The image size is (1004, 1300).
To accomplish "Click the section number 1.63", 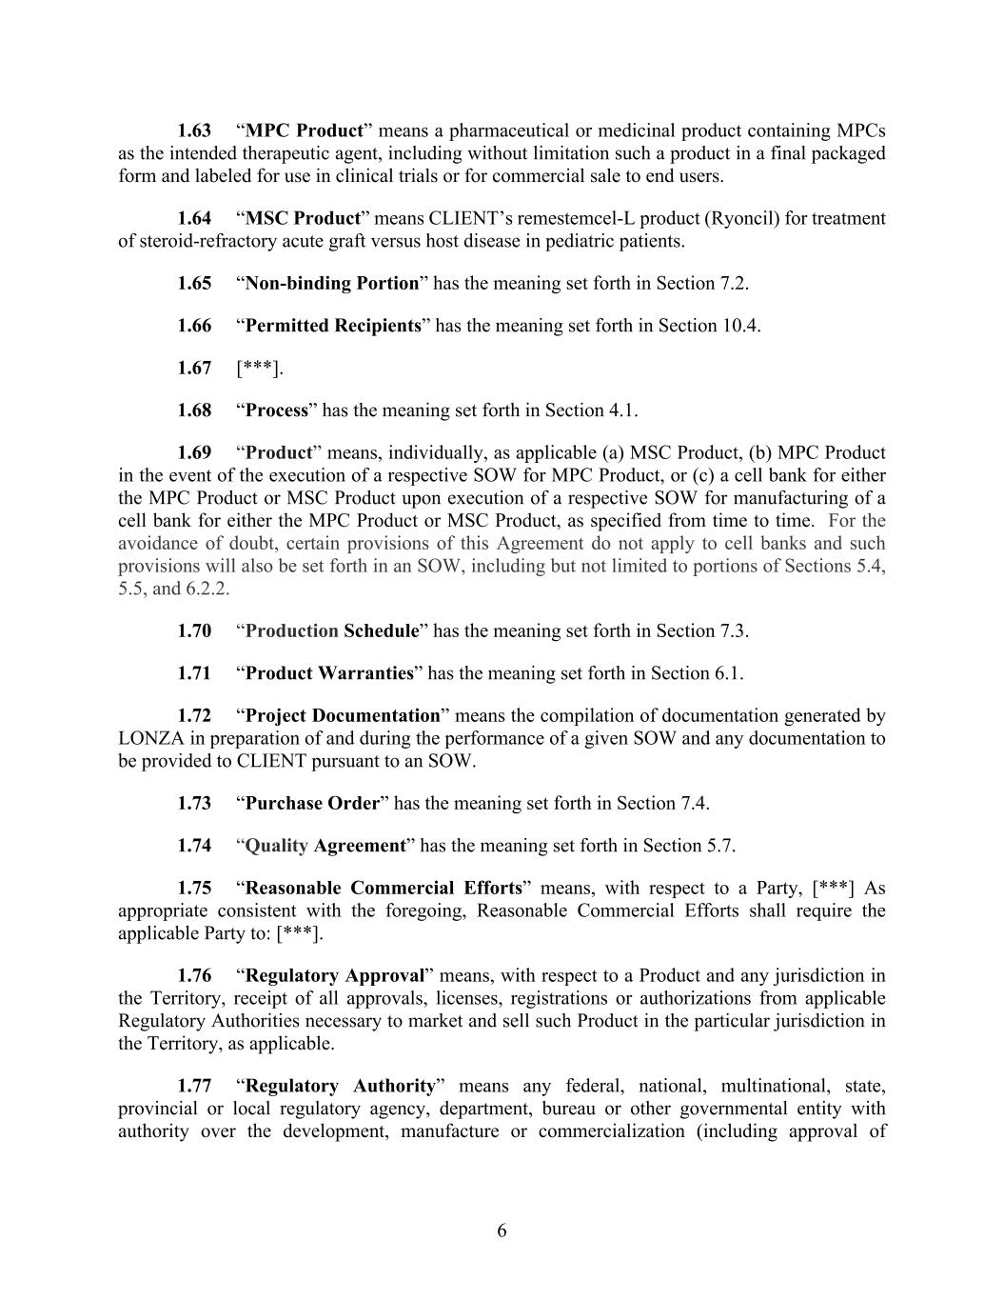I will coord(194,130).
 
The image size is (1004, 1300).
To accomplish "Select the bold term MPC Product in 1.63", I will coord(305,130).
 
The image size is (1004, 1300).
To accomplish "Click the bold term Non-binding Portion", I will coord(332,283).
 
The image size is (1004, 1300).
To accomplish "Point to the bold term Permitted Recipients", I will coord(333,326).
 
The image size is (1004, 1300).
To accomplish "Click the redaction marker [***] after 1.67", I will coord(260,369).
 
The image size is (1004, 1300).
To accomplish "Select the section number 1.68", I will coord(194,410).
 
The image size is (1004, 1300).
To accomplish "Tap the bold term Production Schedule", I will coord(332,631).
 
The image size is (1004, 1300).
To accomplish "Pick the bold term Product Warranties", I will coord(329,673).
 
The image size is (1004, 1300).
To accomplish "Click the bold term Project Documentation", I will coord(343,715).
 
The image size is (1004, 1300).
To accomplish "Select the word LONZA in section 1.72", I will coord(145,738).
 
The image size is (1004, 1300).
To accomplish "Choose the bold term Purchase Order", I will coord(312,803).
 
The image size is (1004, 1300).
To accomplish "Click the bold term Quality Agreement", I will coord(325,846).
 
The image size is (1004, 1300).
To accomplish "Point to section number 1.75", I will coord(194,889).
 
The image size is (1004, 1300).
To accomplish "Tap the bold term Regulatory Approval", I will coord(335,975).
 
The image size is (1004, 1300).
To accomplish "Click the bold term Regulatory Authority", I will coord(340,1086).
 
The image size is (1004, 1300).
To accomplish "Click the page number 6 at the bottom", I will coord(502,1230).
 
